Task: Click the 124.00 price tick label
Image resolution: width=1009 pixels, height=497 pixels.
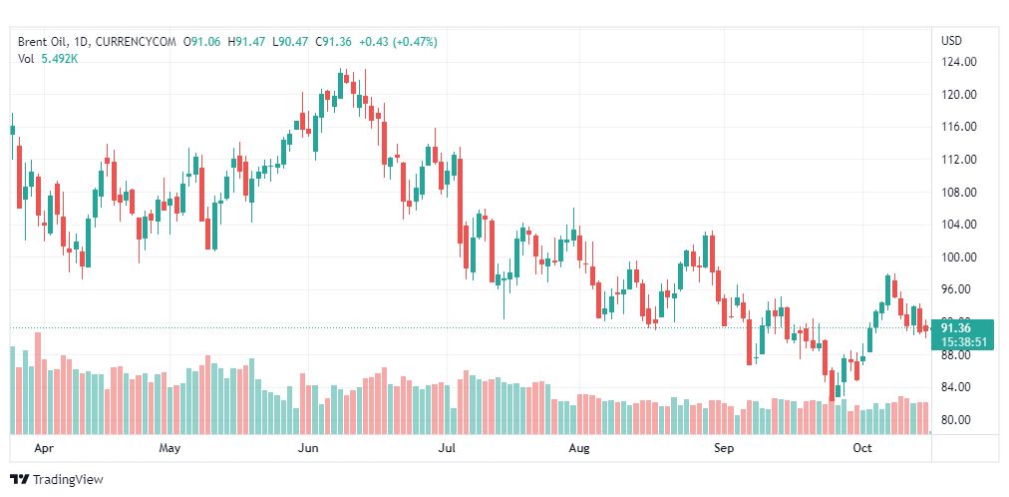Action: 958,62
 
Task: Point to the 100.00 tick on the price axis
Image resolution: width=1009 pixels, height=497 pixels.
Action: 958,257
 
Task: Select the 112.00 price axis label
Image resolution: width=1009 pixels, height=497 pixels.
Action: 958,160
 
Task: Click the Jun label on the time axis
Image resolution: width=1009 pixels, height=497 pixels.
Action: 308,449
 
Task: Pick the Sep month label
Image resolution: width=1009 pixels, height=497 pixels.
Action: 725,449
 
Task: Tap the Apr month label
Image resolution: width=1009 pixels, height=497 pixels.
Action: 43,449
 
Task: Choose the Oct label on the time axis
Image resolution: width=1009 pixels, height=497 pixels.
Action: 862,449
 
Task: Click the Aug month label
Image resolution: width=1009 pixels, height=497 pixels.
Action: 580,449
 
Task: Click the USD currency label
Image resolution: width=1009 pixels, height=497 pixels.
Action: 951,41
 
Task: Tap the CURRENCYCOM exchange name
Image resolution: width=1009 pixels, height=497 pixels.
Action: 139,42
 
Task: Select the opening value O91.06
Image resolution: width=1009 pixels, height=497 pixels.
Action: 202,42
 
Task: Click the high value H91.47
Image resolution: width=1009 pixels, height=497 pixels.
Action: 247,42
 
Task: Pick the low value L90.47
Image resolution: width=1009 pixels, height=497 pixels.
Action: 290,42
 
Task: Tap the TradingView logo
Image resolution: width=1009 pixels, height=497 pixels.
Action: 57,480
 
